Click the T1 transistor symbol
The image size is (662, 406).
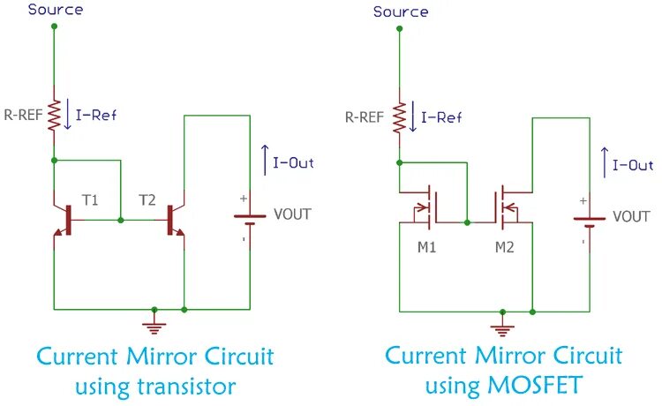(64, 220)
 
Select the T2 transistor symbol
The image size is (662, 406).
(174, 220)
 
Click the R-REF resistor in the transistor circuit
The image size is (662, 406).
(55, 114)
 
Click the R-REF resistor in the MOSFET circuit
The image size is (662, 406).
(399, 114)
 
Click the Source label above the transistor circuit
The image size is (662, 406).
(56, 10)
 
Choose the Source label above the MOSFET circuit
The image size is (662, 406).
(401, 11)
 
